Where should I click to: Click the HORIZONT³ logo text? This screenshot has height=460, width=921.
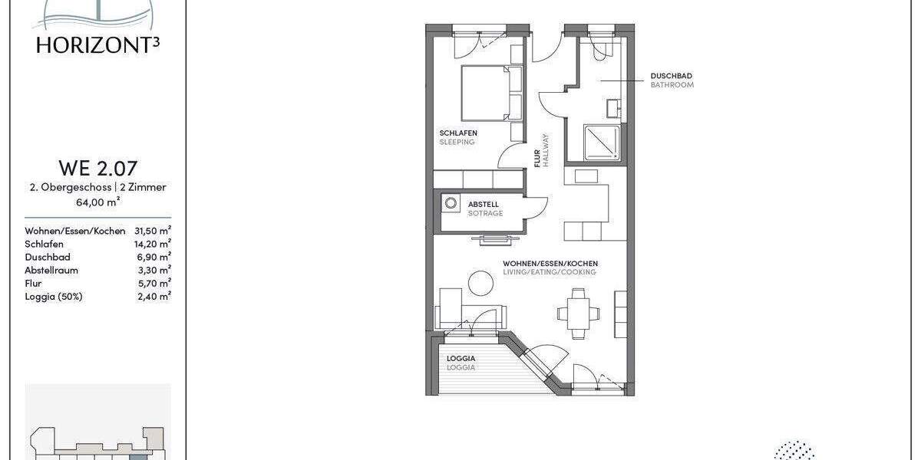coord(97,44)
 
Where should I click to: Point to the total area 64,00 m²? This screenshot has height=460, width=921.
coord(97,202)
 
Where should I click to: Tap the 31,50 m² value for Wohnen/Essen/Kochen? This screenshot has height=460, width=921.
coord(152,231)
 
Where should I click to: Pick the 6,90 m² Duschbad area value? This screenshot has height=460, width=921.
coord(153,257)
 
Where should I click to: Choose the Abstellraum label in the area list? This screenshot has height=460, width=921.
coord(51,270)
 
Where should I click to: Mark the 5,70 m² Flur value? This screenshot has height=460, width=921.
coord(153,283)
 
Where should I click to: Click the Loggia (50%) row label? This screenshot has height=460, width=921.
coord(53,296)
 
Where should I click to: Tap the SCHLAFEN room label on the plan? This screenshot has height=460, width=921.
coord(458,133)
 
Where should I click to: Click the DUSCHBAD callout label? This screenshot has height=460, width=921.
coord(672,76)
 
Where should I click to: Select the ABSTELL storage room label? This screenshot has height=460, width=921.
coord(484,205)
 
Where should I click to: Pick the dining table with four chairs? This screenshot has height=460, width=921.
coord(577,311)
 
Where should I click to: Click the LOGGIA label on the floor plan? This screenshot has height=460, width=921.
coord(461,359)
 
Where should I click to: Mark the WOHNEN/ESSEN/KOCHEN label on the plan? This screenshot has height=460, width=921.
coord(550,264)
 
